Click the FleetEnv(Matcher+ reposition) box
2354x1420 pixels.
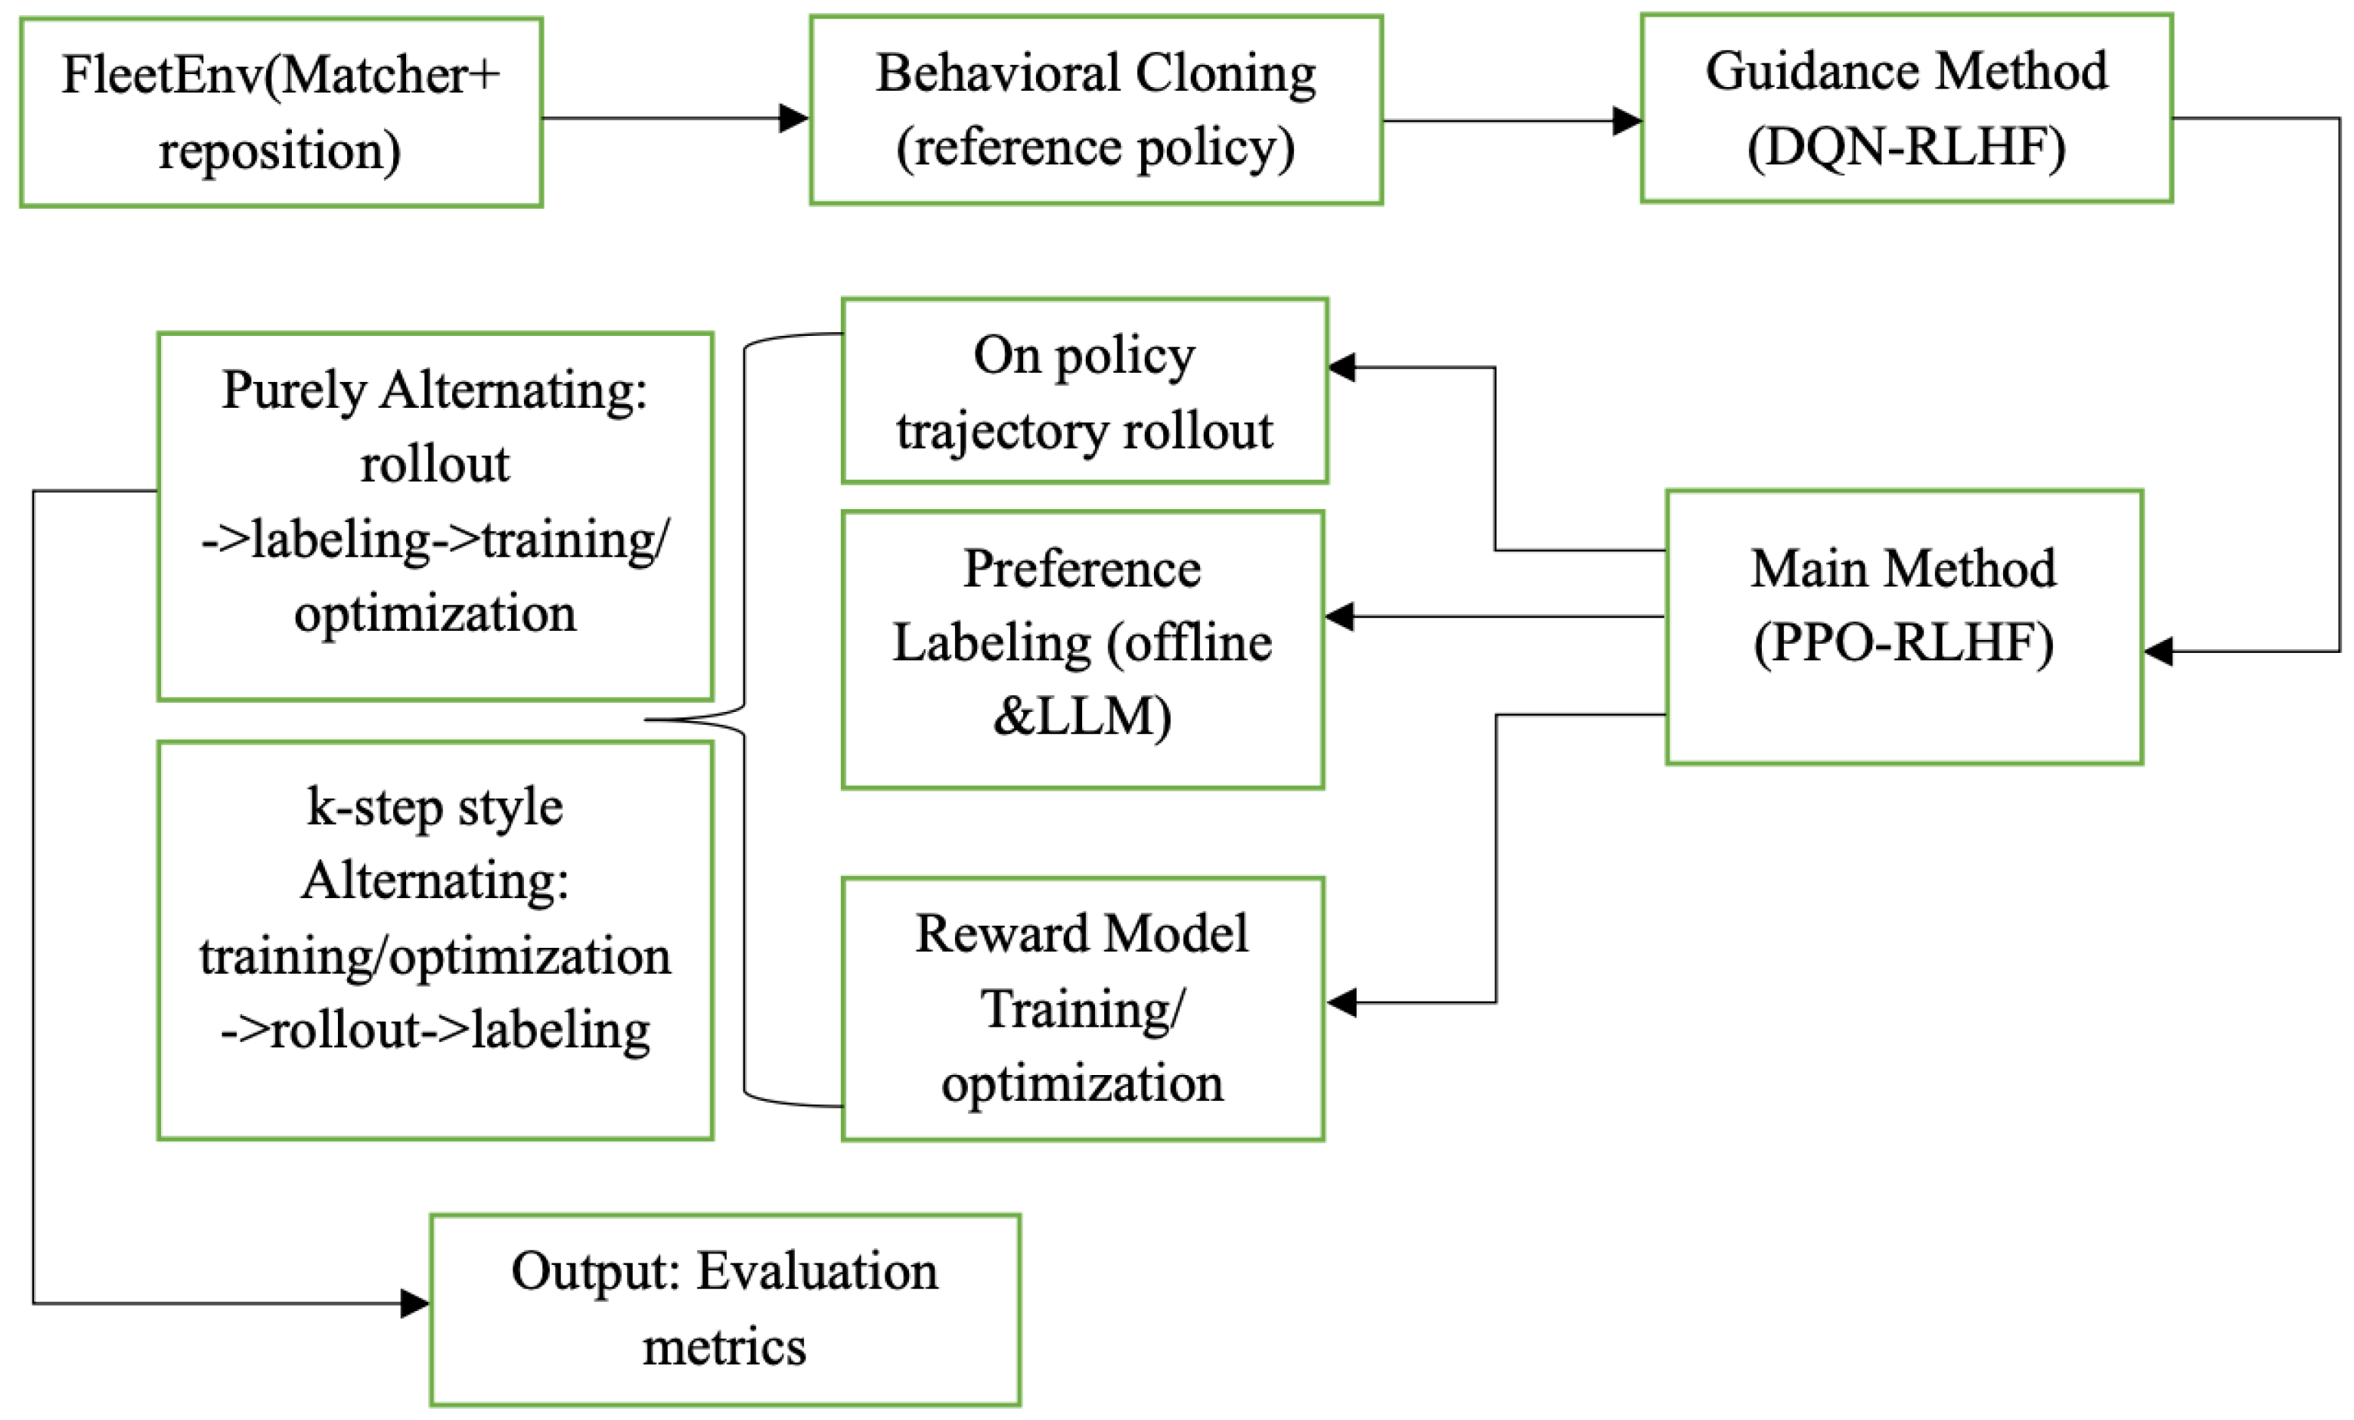tap(281, 112)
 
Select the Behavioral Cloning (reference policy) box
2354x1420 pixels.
tap(1096, 110)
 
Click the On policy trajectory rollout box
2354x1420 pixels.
tap(1084, 391)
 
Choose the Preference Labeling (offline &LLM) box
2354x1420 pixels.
tap(1082, 650)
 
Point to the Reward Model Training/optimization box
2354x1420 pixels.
tap(1082, 1009)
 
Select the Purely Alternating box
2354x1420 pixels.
tap(435, 516)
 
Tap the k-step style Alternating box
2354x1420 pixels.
tap(435, 940)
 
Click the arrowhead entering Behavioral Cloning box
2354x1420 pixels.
tap(795, 119)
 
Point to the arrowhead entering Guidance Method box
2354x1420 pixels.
tap(1627, 121)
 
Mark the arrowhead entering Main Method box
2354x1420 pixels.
tap(2159, 651)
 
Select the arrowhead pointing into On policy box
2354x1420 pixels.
tap(1341, 367)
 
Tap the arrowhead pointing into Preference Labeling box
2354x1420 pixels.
tap(1339, 617)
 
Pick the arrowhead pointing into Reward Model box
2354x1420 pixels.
tap(1341, 1002)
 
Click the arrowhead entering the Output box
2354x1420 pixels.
tap(414, 1303)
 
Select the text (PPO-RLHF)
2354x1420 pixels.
tap(1904, 642)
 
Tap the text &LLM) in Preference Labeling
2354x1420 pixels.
tap(1082, 716)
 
